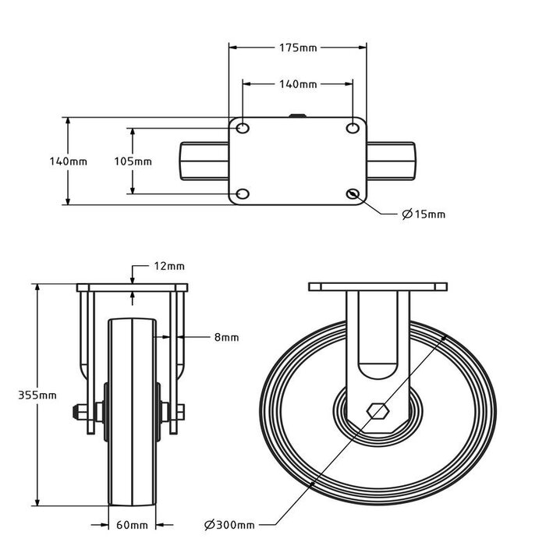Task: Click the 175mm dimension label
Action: pos(298,48)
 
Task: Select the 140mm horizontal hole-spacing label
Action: pos(298,83)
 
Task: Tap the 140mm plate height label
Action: pos(68,161)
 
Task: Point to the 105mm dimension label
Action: pos(133,161)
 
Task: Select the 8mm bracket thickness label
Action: pos(226,338)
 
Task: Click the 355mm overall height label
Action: pos(37,395)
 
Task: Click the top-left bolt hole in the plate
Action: pos(243,128)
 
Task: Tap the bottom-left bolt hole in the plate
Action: pos(243,193)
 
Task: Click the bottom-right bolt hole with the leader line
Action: pos(353,193)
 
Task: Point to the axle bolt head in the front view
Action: pos(80,411)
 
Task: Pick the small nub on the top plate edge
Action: pos(298,117)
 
